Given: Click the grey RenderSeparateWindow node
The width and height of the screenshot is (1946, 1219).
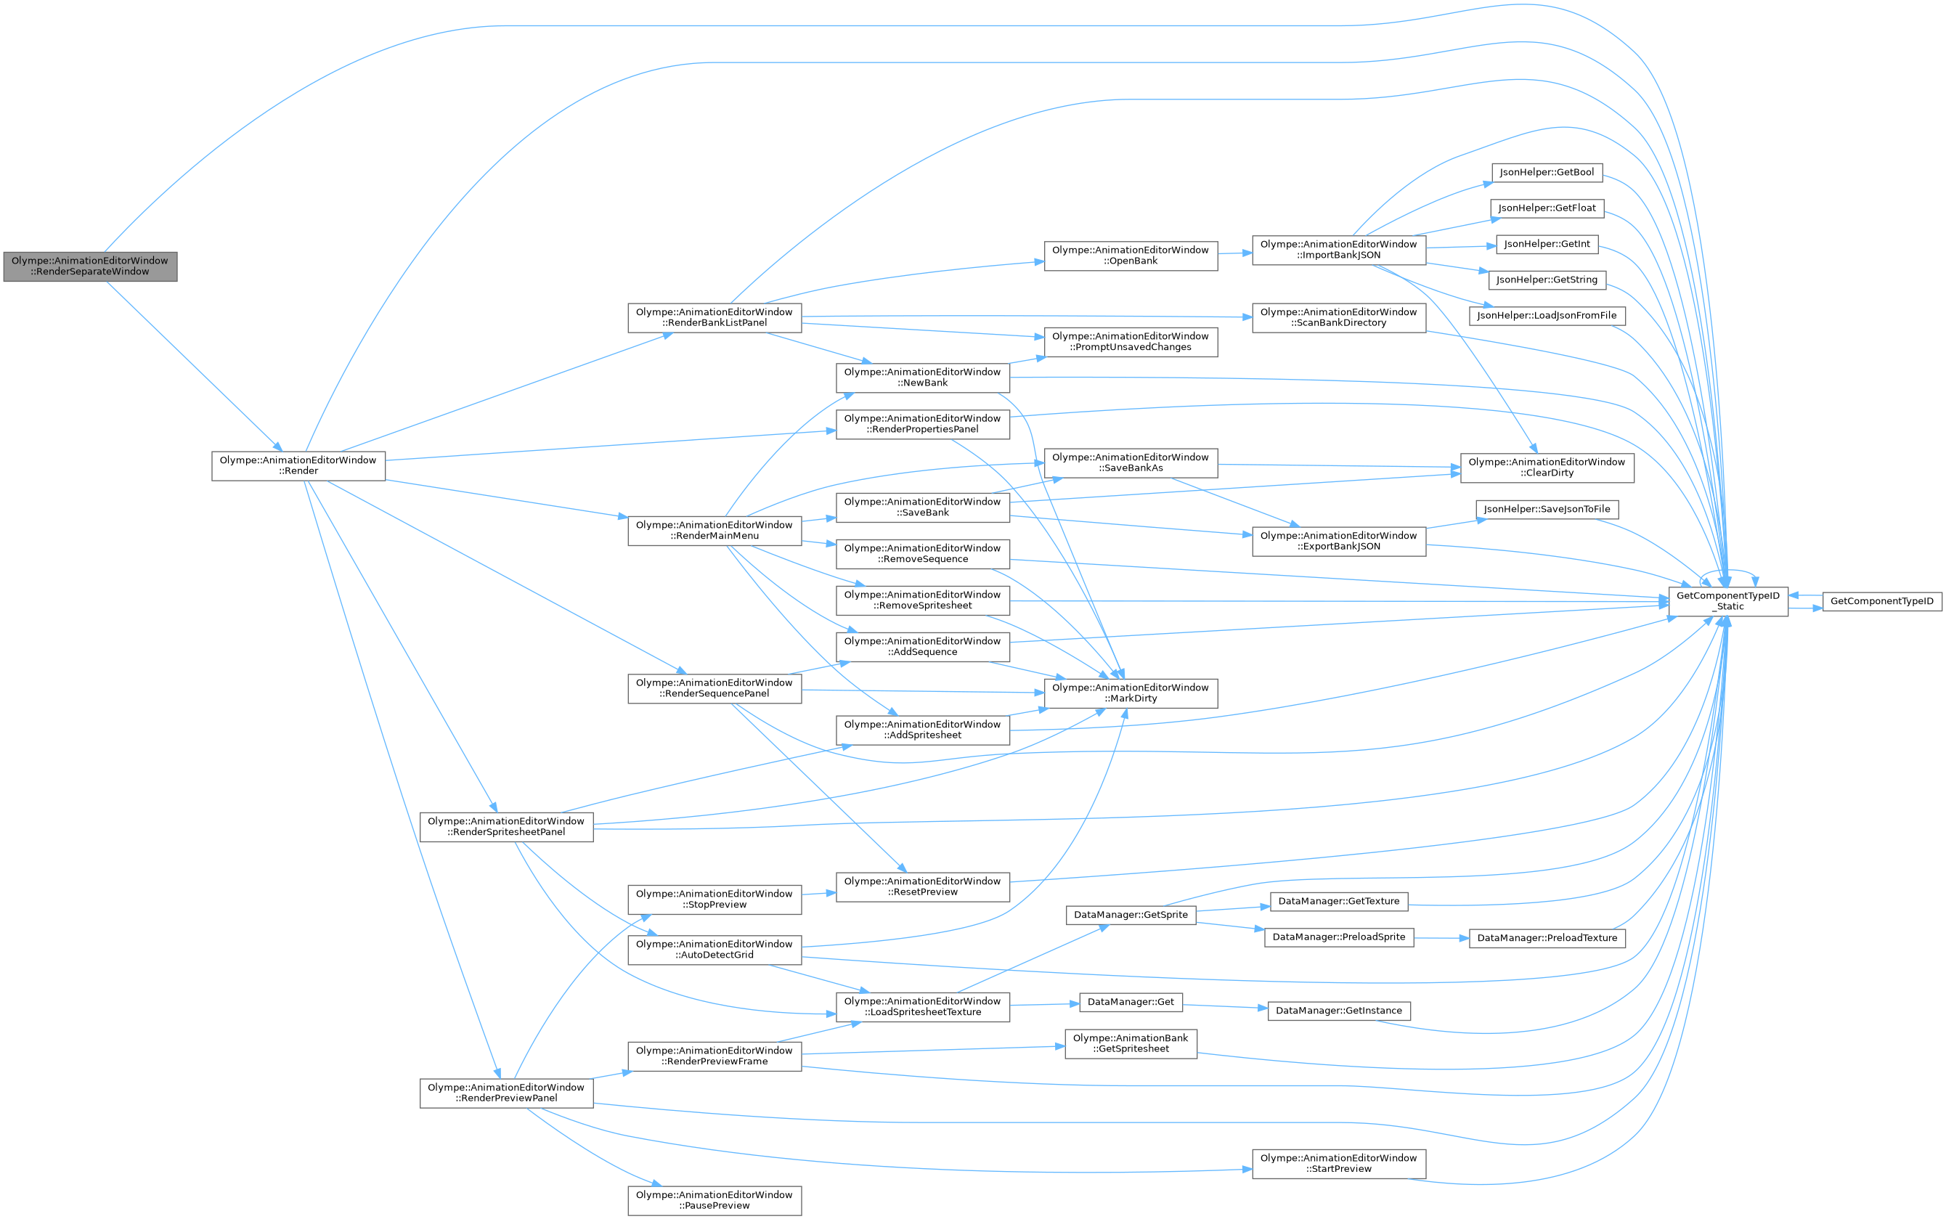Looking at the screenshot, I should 89,266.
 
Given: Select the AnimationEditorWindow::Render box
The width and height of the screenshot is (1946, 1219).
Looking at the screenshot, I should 298,465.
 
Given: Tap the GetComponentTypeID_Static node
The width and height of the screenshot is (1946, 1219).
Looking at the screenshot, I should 1727,600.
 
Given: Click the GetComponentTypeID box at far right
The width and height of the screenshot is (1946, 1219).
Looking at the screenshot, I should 1881,600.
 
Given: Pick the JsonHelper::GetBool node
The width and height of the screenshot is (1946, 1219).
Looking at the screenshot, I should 1546,173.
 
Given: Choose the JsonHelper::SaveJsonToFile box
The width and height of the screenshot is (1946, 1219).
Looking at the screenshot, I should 1546,509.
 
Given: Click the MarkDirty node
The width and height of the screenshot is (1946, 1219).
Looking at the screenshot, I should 1130,693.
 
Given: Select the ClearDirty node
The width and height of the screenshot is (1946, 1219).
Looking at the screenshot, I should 1546,467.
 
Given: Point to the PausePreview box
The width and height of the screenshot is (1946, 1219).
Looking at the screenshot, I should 715,1199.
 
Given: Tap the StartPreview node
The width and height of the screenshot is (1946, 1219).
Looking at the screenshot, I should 1338,1162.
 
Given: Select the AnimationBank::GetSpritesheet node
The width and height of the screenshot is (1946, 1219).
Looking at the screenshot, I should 1130,1043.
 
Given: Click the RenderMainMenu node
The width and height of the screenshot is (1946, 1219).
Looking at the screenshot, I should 715,530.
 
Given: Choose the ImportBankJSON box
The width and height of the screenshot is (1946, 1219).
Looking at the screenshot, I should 1338,249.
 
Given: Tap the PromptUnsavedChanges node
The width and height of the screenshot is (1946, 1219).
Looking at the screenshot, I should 1130,341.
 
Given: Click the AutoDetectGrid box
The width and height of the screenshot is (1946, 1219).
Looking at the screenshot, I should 715,949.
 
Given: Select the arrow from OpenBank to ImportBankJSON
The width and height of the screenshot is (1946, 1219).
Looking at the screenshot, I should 1234,253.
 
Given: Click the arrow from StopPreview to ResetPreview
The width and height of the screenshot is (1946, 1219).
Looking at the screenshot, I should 818,893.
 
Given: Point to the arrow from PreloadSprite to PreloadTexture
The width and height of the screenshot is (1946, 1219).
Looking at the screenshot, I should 1441,937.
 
